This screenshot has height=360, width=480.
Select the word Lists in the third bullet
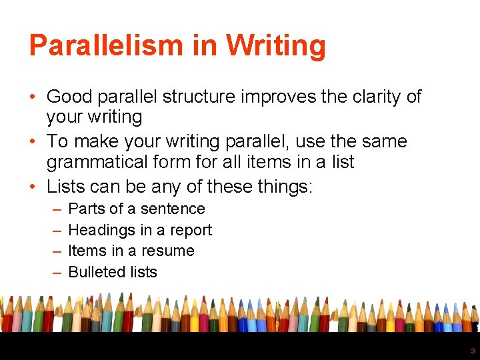[x=65, y=186]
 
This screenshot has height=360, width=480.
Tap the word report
[x=189, y=231]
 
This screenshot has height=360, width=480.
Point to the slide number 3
[x=473, y=351]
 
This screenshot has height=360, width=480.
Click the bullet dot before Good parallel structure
[x=33, y=97]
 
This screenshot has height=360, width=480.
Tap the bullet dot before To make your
[x=33, y=142]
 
